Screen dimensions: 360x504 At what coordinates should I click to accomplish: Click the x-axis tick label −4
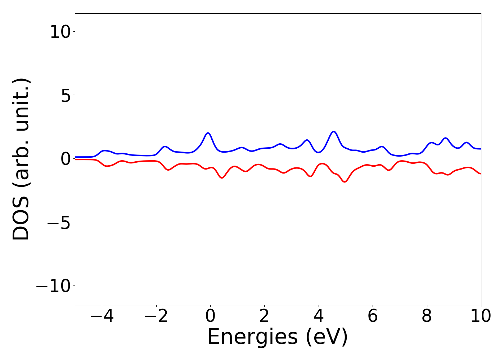click(x=102, y=316)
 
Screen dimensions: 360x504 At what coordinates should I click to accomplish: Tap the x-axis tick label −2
click(x=156, y=316)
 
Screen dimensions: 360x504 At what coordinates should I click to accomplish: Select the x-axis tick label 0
click(x=210, y=316)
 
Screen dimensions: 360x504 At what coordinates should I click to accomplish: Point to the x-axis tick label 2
click(x=264, y=316)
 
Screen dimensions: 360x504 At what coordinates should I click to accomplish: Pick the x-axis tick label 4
click(x=319, y=316)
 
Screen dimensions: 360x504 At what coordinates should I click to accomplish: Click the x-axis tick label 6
click(x=373, y=316)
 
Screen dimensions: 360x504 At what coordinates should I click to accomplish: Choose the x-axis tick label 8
click(x=427, y=316)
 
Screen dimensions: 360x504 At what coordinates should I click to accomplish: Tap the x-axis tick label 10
click(x=480, y=316)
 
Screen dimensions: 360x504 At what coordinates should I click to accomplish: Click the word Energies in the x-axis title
click(x=252, y=337)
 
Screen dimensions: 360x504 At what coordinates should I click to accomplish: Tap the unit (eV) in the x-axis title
click(x=327, y=337)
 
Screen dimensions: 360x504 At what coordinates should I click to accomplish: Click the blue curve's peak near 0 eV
click(x=208, y=133)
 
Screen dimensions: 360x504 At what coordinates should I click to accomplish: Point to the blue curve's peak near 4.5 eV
click(x=334, y=131)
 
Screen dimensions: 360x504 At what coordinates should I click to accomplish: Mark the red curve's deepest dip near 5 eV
click(x=345, y=182)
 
